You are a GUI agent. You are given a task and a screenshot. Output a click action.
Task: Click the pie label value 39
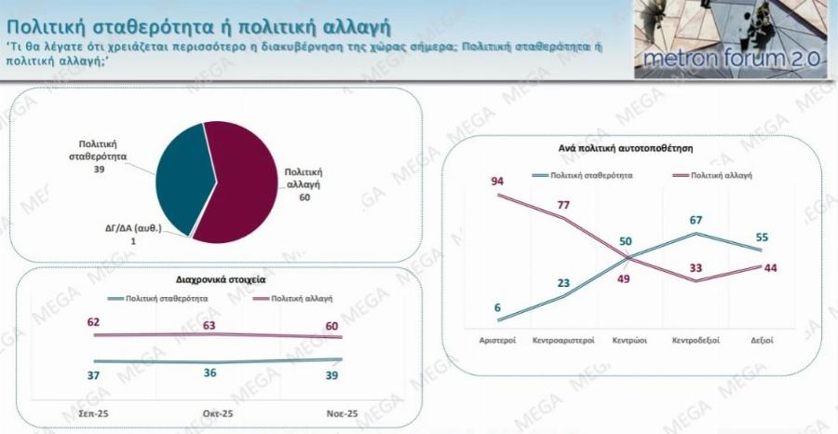click(x=99, y=171)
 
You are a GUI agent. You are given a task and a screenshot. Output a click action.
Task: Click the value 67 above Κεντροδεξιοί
click(x=696, y=220)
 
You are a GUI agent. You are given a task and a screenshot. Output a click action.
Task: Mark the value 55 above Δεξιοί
click(x=761, y=237)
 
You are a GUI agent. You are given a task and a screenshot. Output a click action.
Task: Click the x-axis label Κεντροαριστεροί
click(x=563, y=341)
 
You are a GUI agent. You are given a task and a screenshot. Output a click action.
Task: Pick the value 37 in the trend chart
click(x=93, y=373)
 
